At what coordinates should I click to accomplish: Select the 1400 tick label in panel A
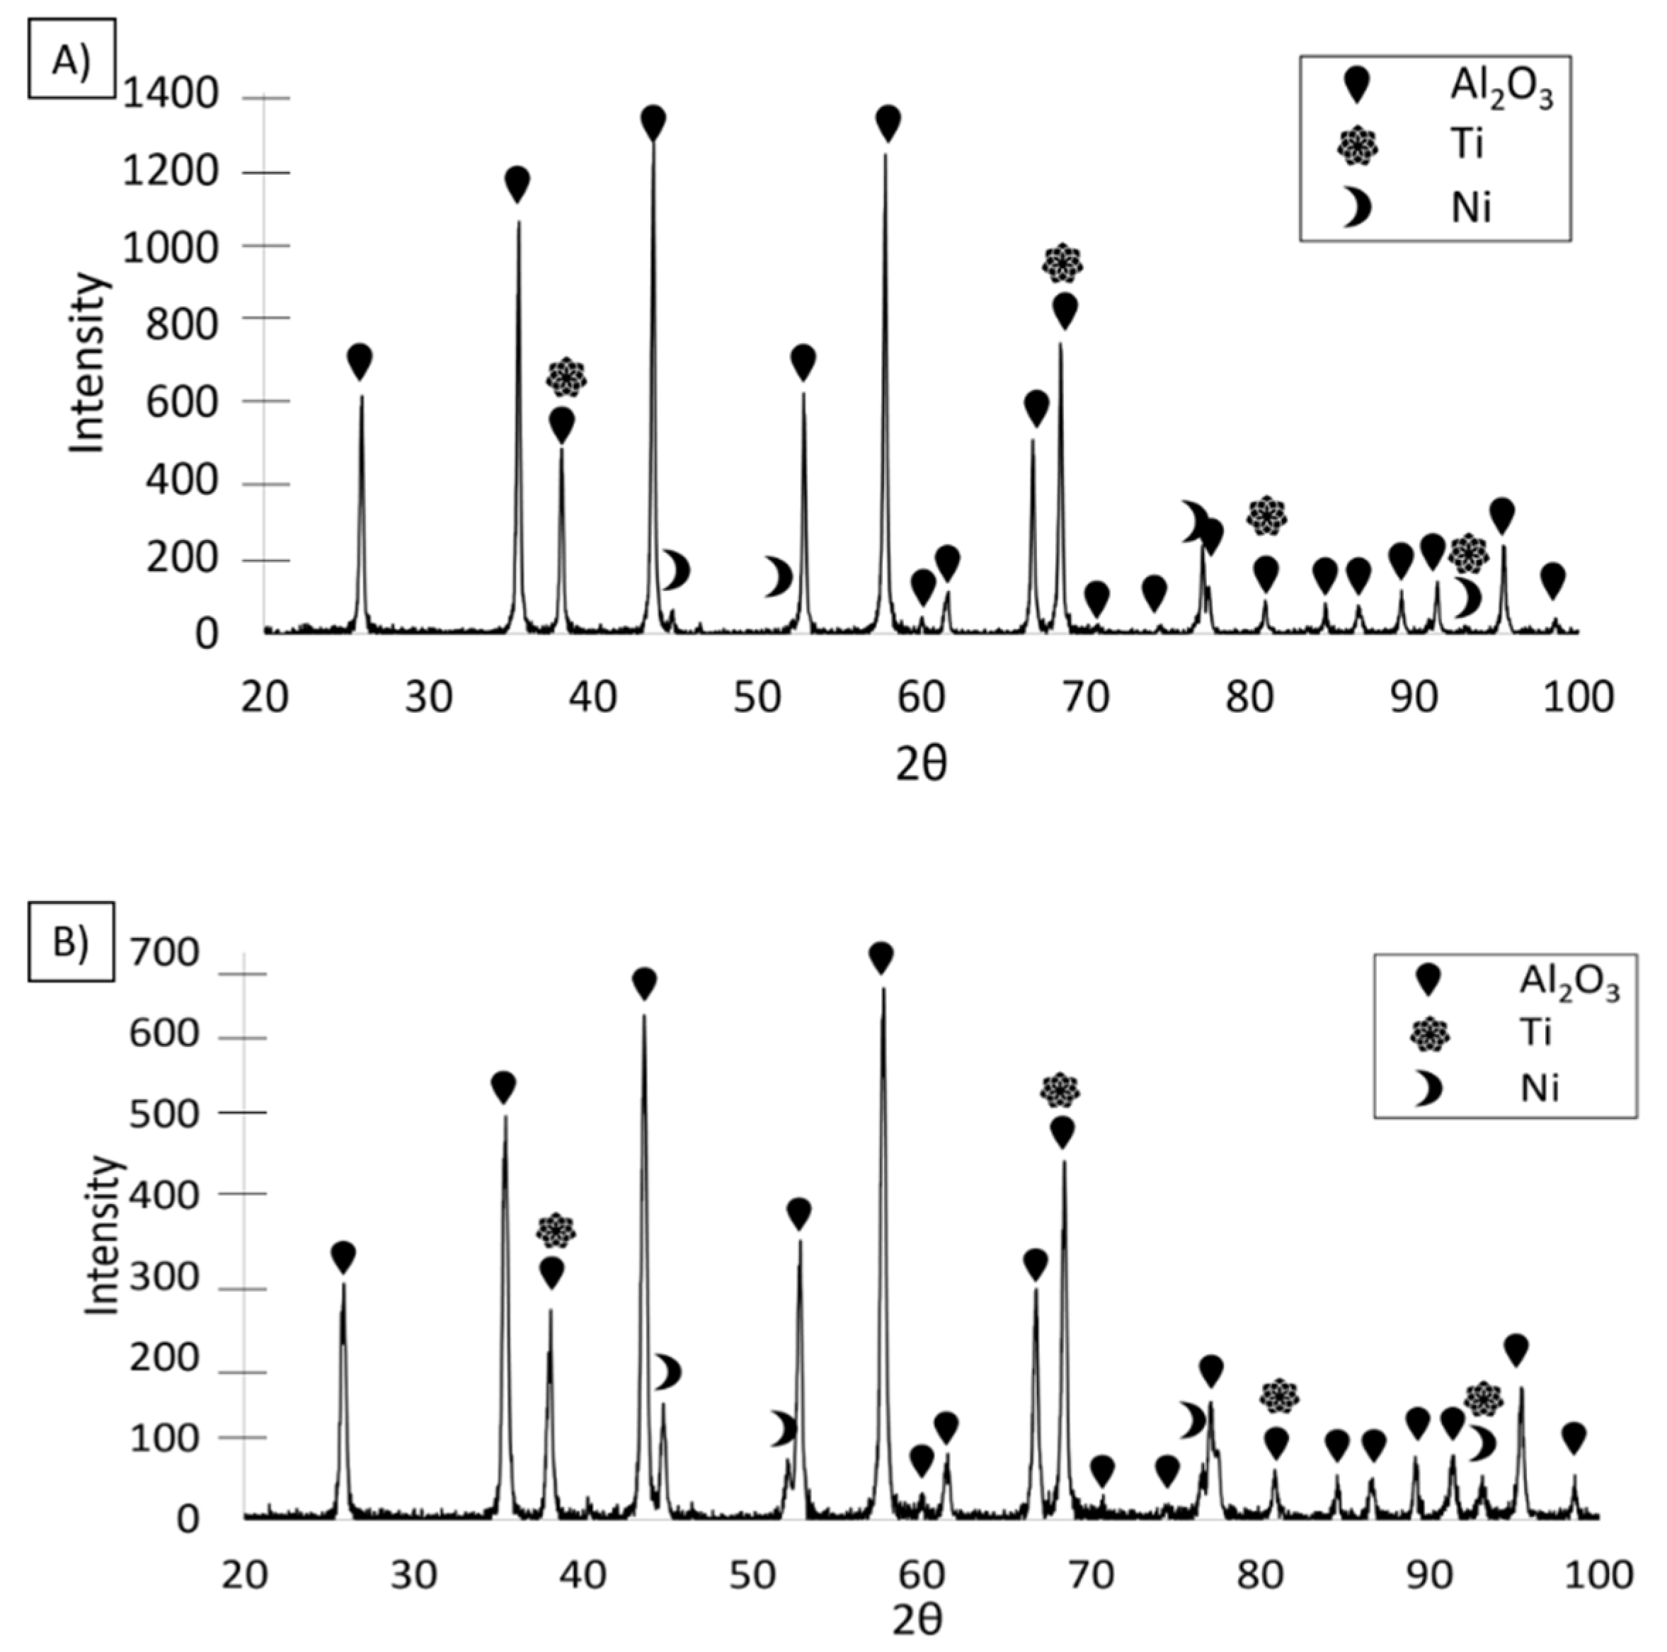click(x=171, y=95)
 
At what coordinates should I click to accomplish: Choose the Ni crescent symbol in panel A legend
click(x=1357, y=208)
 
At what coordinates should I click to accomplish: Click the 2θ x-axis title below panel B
click(x=917, y=1622)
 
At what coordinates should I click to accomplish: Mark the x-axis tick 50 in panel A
click(x=757, y=697)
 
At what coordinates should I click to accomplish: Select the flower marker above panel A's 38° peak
click(x=566, y=377)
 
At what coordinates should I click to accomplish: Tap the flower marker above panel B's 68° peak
click(x=1060, y=1091)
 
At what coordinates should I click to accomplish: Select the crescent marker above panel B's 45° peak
click(x=668, y=1372)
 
